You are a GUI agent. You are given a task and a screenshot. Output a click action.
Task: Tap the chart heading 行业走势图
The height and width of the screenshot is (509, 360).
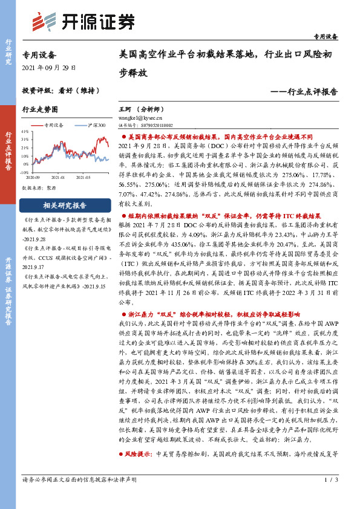(x=40, y=110)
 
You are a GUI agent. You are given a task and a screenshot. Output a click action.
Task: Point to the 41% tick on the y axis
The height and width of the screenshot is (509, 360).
(x=24, y=131)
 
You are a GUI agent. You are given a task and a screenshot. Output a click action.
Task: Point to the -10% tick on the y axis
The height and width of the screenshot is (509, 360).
(x=24, y=172)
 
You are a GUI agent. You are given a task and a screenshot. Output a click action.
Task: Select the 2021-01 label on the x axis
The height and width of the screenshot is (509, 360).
(x=57, y=178)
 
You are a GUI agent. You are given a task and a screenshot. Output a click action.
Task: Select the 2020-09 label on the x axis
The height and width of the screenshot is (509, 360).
(x=33, y=178)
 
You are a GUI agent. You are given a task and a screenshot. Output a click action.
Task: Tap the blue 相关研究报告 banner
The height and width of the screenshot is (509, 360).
(x=65, y=205)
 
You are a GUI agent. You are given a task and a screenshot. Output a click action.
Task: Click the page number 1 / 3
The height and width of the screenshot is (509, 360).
(x=330, y=498)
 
